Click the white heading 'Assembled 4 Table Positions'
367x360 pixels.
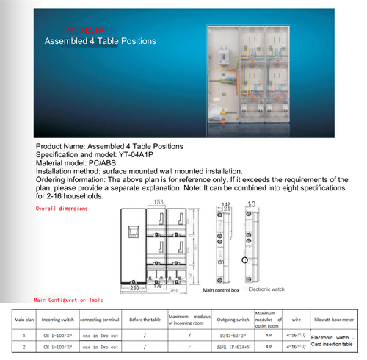(x=100, y=42)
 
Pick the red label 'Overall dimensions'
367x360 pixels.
(x=62, y=209)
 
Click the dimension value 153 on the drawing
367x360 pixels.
(x=159, y=203)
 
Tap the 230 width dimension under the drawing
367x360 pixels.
(x=134, y=289)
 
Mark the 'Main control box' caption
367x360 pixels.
(x=221, y=291)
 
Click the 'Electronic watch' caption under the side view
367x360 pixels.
(x=266, y=289)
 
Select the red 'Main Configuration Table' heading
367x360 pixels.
(x=69, y=300)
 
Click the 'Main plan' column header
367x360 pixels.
(x=25, y=320)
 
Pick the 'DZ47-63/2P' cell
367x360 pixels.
(x=232, y=334)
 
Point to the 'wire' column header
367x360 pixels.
(x=296, y=320)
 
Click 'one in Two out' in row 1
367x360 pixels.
(x=98, y=334)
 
